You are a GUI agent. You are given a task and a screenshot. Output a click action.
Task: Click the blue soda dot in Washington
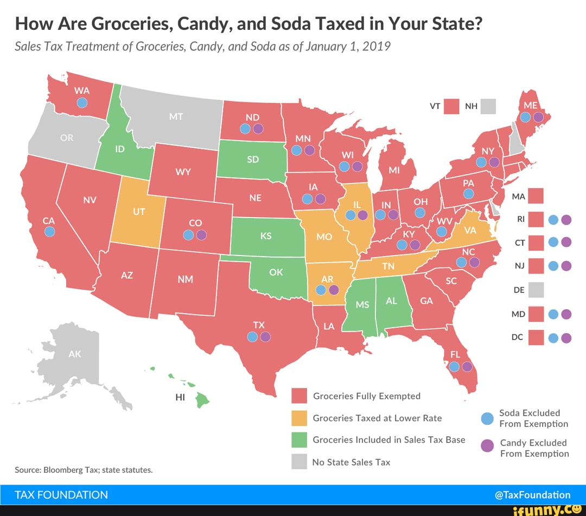point(81,103)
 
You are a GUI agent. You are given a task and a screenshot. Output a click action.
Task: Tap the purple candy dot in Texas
point(265,337)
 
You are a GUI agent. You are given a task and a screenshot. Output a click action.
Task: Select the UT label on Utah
point(139,212)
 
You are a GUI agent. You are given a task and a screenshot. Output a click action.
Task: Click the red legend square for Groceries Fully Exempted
point(300,396)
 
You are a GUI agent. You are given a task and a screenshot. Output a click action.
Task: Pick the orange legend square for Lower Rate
point(300,418)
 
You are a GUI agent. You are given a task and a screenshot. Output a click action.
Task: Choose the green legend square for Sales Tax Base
point(300,439)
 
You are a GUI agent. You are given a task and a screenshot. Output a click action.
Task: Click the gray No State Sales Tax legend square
point(300,462)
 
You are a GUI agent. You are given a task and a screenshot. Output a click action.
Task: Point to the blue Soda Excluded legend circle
point(488,418)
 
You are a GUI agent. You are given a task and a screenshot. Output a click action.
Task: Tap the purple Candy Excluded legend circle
point(488,446)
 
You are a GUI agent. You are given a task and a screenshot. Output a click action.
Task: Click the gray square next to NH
point(488,106)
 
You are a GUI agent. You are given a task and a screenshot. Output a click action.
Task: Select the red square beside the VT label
point(452,106)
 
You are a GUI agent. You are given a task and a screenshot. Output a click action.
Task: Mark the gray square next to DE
point(536,290)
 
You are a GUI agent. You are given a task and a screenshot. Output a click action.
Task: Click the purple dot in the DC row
point(566,338)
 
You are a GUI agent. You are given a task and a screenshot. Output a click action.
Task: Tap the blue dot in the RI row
point(553,220)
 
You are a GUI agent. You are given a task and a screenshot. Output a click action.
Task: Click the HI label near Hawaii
point(181,397)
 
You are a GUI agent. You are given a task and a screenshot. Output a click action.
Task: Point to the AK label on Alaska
point(75,354)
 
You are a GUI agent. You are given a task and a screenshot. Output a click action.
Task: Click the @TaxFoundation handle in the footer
point(532,495)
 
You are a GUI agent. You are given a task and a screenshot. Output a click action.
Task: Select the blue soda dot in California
point(49,232)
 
